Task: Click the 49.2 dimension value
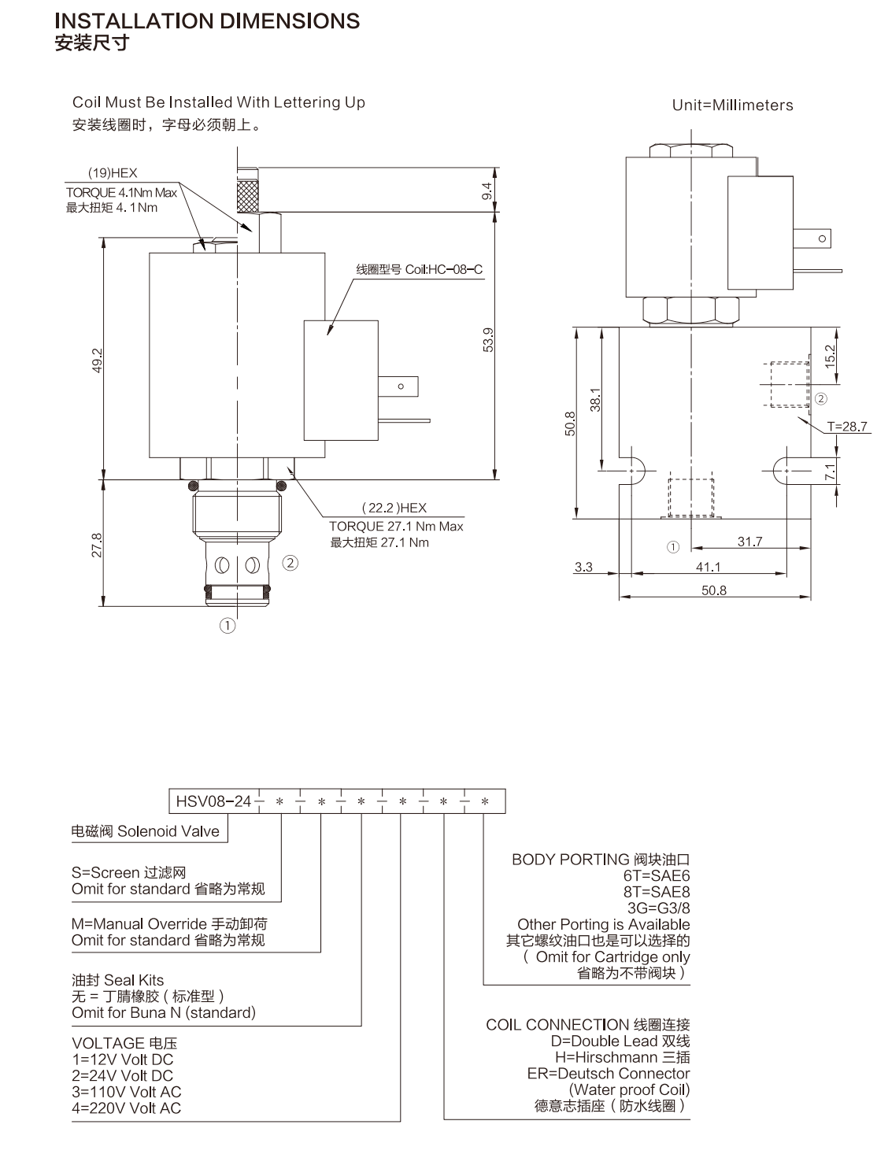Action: point(98,360)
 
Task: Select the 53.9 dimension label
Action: point(488,339)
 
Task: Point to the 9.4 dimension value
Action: point(487,191)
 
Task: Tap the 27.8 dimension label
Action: point(97,546)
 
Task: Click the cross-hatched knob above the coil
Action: point(248,196)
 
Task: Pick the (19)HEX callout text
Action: point(113,173)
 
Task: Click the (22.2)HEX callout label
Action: point(394,508)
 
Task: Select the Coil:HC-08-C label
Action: point(443,270)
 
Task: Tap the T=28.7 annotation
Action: point(846,427)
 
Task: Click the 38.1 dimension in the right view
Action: point(594,400)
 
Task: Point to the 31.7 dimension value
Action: point(749,542)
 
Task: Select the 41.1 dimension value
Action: point(709,568)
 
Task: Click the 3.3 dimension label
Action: point(583,567)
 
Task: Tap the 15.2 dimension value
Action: point(830,357)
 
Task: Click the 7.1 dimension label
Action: point(830,472)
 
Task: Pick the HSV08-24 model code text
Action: point(213,801)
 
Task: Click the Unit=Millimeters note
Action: point(732,105)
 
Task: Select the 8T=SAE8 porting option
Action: point(656,892)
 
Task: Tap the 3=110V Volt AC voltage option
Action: point(126,1092)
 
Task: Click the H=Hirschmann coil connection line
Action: point(622,1057)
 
